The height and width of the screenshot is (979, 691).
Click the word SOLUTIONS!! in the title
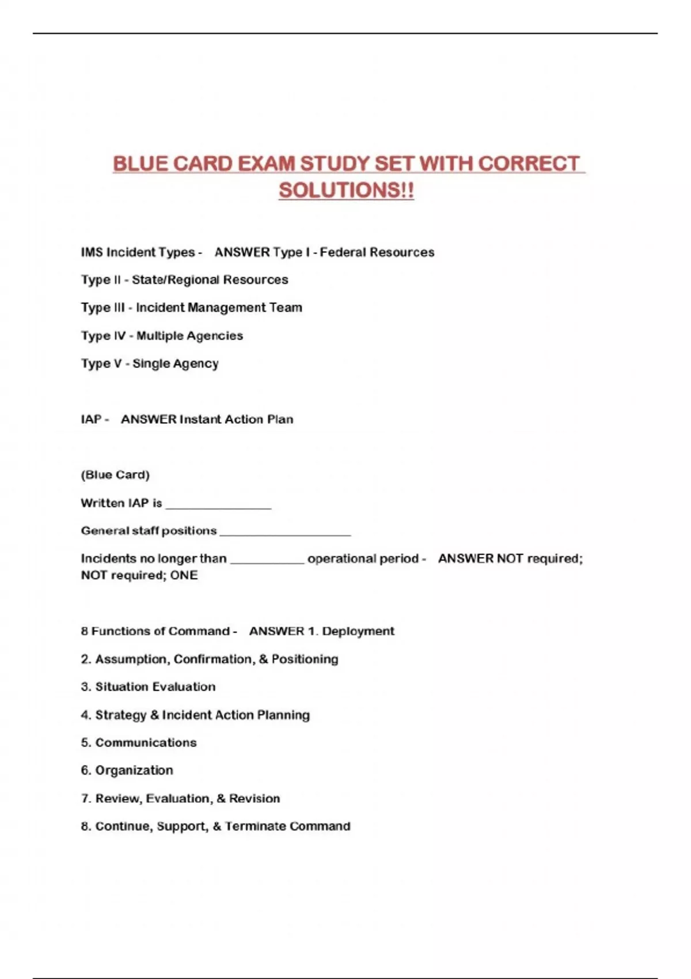[346, 191]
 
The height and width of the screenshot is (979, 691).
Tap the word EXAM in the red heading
[266, 164]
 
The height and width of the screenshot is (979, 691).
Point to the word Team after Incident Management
[286, 308]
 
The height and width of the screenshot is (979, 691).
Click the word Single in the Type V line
[151, 363]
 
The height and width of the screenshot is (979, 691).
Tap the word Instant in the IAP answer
[200, 419]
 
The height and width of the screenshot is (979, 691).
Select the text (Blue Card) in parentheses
[115, 475]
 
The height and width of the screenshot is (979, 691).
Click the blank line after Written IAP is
[218, 505]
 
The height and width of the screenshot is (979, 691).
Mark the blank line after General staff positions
[285, 532]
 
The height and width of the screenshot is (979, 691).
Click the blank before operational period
[267, 560]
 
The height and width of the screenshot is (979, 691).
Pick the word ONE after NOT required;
[184, 575]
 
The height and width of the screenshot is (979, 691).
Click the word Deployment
[358, 631]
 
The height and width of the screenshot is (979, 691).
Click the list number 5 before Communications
[85, 743]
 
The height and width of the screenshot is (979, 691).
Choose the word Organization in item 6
[134, 771]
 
